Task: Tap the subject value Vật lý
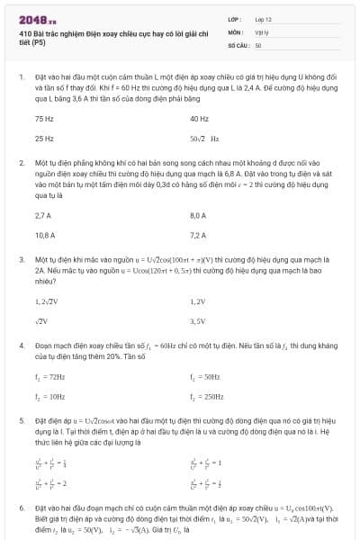(x=262, y=31)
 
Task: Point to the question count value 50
(x=258, y=44)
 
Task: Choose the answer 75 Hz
(x=44, y=119)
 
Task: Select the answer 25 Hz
(x=44, y=139)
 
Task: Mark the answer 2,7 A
(x=43, y=216)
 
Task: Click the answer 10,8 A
(x=45, y=235)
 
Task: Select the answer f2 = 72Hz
(x=49, y=377)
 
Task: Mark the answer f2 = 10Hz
(x=49, y=396)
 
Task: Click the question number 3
(x=21, y=257)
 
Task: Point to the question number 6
(x=21, y=508)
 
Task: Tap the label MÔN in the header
(x=233, y=31)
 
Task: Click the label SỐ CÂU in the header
(x=238, y=44)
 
